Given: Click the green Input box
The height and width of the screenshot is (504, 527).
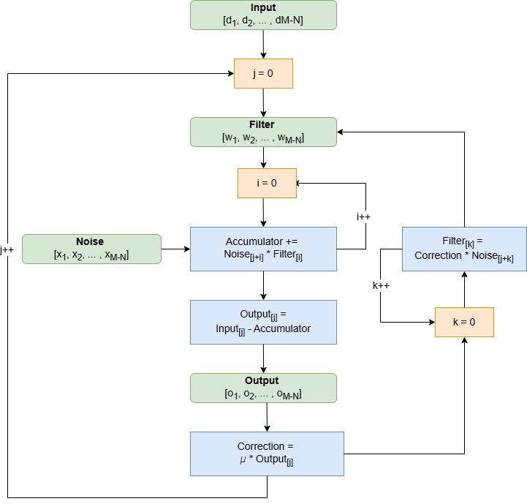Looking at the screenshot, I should (x=263, y=15).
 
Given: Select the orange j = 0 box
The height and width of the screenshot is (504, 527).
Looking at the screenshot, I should (x=263, y=73).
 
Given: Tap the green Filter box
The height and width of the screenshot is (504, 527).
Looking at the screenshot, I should (x=263, y=132).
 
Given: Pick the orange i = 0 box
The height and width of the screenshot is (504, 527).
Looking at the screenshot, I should (x=267, y=183).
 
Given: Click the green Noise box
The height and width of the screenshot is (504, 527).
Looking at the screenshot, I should (x=91, y=249).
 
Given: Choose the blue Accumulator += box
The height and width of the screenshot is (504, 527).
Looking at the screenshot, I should (x=263, y=249).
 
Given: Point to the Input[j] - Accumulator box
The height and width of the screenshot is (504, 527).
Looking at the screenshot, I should (x=263, y=322).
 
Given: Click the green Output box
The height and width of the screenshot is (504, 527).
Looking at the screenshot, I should (x=263, y=388).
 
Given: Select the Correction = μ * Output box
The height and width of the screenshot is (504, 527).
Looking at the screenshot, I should (x=267, y=454).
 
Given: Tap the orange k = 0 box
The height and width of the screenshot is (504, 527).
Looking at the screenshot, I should (x=464, y=322).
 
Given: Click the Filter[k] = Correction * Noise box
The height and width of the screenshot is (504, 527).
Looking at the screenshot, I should (x=464, y=249).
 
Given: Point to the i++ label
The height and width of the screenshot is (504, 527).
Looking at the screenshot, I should (x=364, y=217).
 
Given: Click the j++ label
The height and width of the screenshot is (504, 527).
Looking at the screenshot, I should (x=7, y=249).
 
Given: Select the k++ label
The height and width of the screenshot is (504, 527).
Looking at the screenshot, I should (x=380, y=285).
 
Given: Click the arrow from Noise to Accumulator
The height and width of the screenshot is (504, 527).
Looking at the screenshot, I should (x=175, y=249).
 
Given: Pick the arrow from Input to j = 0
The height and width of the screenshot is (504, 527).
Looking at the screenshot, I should (x=263, y=44).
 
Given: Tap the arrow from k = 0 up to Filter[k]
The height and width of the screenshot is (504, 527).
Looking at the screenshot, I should (x=464, y=289).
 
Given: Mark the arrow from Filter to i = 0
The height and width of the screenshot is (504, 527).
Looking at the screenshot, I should (x=263, y=157).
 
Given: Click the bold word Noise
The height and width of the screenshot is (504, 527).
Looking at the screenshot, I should (x=90, y=241).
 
